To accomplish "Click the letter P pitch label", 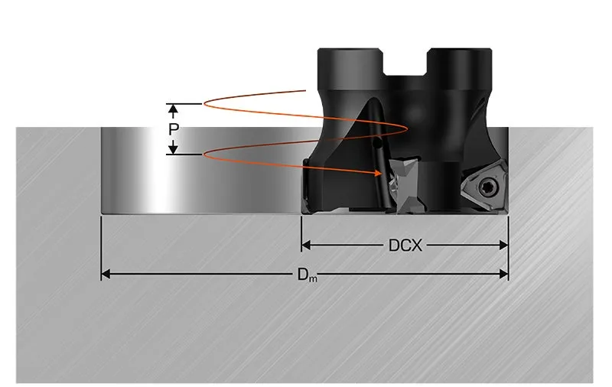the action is tap(174, 129).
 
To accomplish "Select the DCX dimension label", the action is tap(405, 246).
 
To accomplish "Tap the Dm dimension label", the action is tap(308, 275).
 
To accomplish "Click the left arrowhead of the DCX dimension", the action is tap(306, 245).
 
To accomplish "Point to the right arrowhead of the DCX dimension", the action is tap(503, 245).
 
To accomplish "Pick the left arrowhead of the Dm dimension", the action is tap(106, 274).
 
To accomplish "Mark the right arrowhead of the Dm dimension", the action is tap(503, 274).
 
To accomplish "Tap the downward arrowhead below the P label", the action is tap(174, 149).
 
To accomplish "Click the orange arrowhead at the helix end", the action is tap(378, 172).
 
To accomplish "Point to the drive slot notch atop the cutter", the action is tap(405, 62).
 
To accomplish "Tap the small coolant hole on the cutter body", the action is tap(377, 145).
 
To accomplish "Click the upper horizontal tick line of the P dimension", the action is tap(184, 104).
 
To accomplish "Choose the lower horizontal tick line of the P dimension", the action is tap(184, 154).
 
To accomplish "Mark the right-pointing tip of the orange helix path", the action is tap(408, 128).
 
